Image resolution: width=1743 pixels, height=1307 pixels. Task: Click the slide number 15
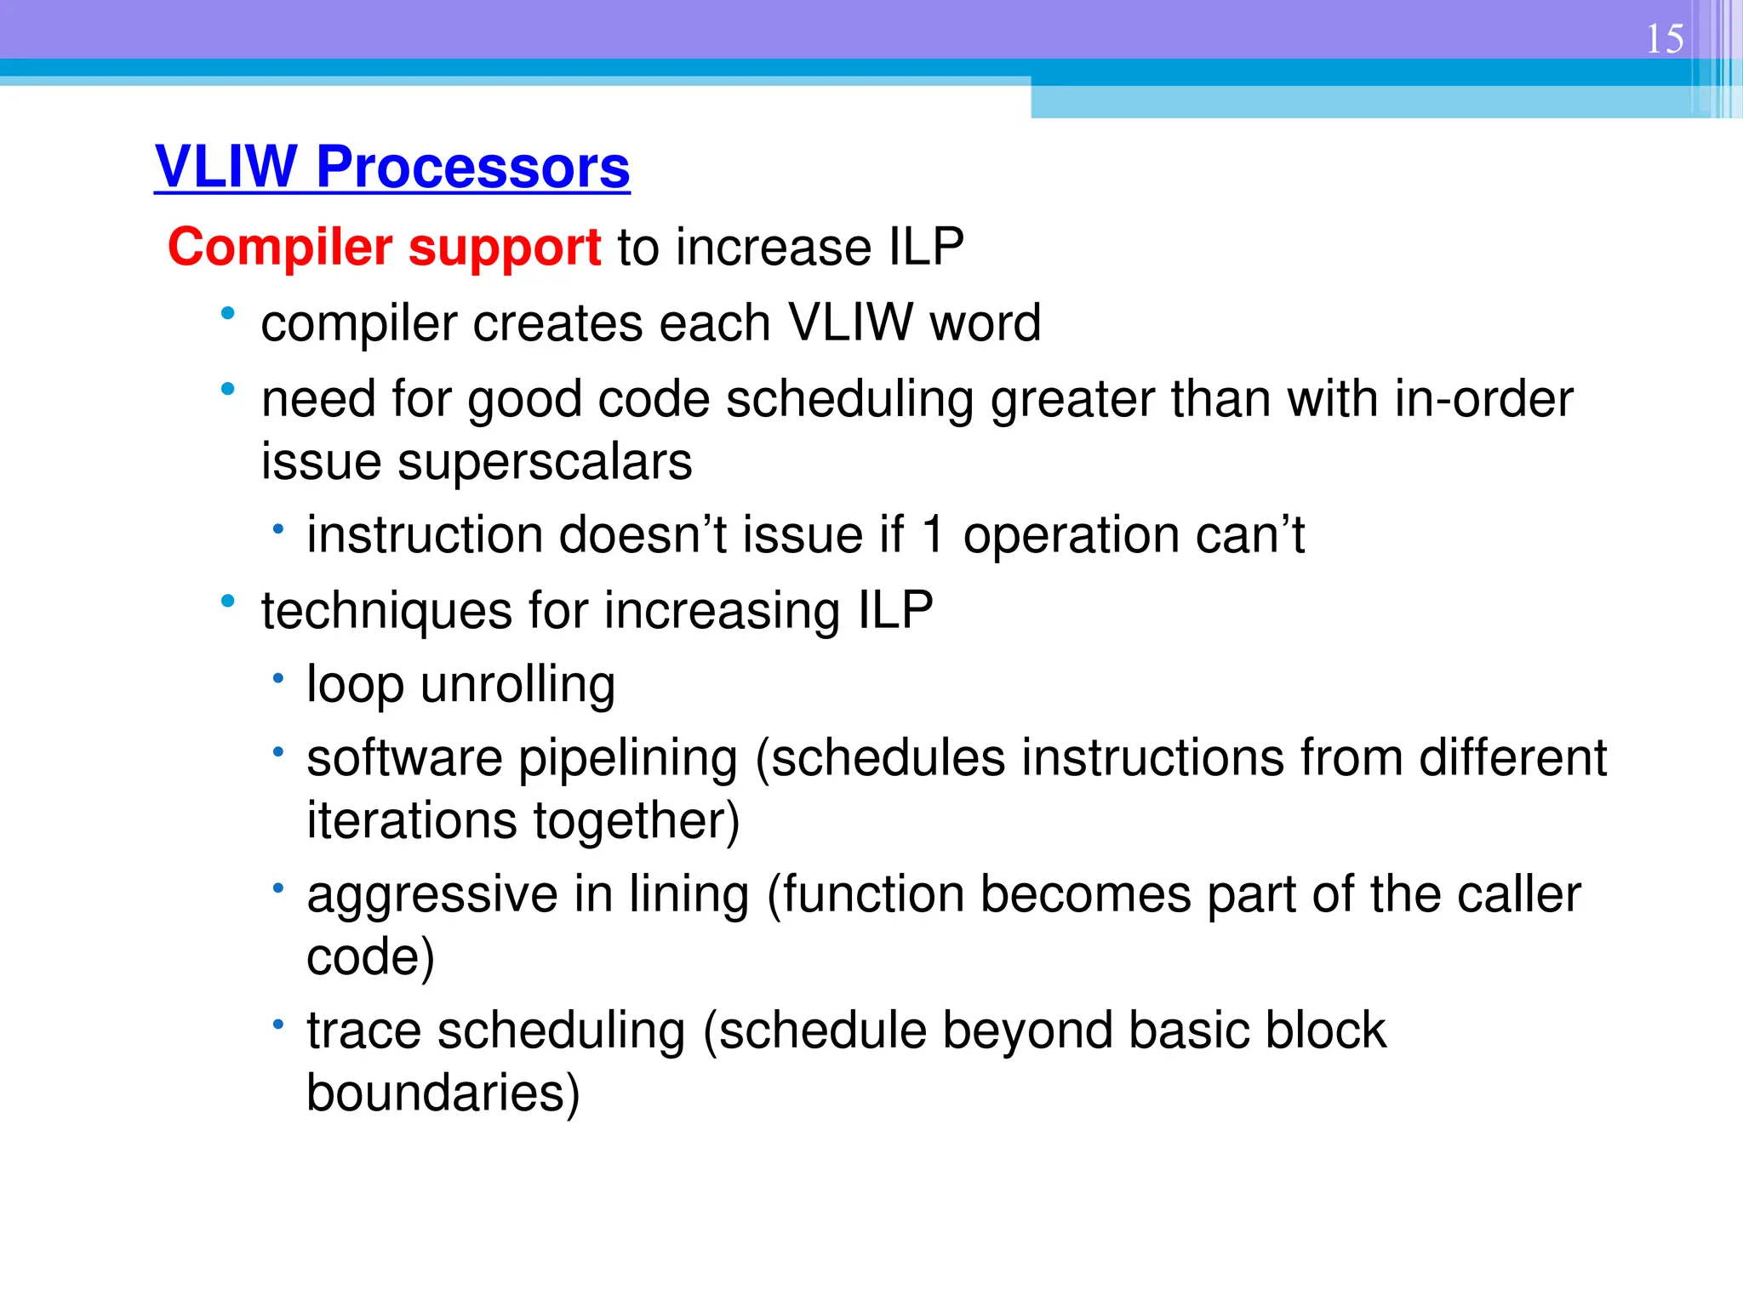[x=1664, y=39]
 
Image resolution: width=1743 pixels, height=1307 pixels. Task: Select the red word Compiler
[x=279, y=248]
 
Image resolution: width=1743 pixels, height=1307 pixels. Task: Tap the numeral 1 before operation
[x=933, y=536]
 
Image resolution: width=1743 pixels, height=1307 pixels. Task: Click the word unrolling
[x=517, y=685]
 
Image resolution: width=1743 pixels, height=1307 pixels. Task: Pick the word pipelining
[x=627, y=759]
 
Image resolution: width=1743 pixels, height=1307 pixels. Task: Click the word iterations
[x=411, y=821]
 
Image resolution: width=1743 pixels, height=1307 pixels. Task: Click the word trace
[x=363, y=1030]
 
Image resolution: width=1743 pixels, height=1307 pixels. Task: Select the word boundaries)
[x=443, y=1093]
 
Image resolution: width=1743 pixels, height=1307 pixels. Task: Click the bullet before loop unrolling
[x=277, y=679]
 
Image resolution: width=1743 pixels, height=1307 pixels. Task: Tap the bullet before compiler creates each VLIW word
[x=227, y=314]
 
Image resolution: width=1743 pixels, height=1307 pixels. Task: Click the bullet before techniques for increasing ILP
[x=227, y=602]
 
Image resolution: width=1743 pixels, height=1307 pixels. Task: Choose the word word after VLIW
[x=985, y=323]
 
